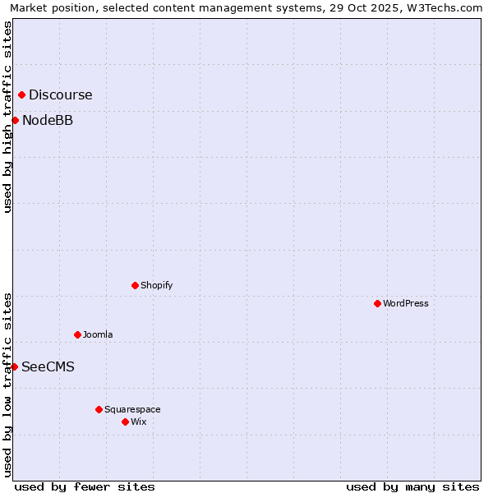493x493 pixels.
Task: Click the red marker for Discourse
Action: tap(21, 94)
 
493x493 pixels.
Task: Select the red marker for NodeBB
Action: tap(15, 121)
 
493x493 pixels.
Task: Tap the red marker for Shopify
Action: tap(135, 285)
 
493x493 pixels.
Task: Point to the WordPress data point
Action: tap(377, 303)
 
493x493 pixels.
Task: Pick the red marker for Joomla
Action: tap(77, 334)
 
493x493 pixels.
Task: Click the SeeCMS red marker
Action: tap(14, 366)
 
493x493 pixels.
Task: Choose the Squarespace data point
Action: tap(99, 409)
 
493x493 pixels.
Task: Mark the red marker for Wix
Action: tap(125, 422)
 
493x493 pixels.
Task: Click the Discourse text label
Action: tap(60, 95)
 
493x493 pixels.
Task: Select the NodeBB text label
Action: tap(48, 121)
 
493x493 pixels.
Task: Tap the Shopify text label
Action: tap(156, 286)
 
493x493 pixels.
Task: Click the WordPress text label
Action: tap(405, 304)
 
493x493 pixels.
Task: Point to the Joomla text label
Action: tap(98, 335)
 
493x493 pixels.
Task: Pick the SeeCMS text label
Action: tap(48, 367)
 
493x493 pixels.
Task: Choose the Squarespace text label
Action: tap(132, 410)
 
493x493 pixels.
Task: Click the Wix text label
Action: tap(138, 422)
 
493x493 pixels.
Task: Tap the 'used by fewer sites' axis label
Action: tap(85, 486)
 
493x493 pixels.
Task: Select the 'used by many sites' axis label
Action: tap(412, 486)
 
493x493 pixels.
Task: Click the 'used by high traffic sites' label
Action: tap(8, 117)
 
